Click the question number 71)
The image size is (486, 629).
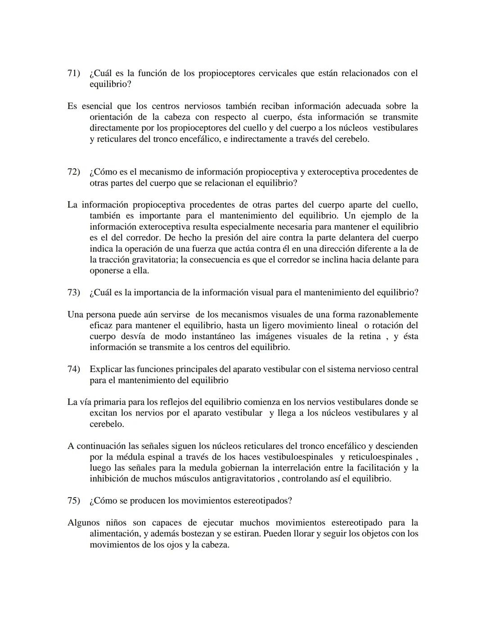(x=73, y=73)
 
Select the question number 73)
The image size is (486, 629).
(x=73, y=293)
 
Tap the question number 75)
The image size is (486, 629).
(x=73, y=501)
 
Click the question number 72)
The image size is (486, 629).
(x=73, y=172)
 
